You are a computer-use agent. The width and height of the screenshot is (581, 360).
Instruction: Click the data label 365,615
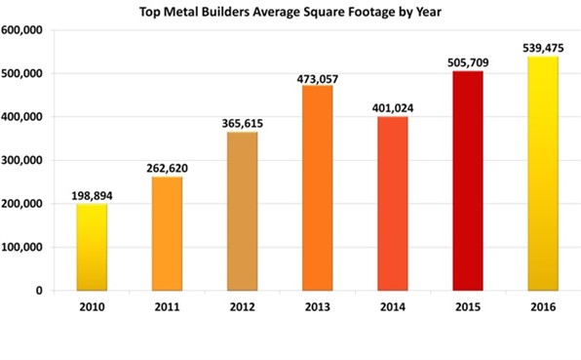tap(243, 123)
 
